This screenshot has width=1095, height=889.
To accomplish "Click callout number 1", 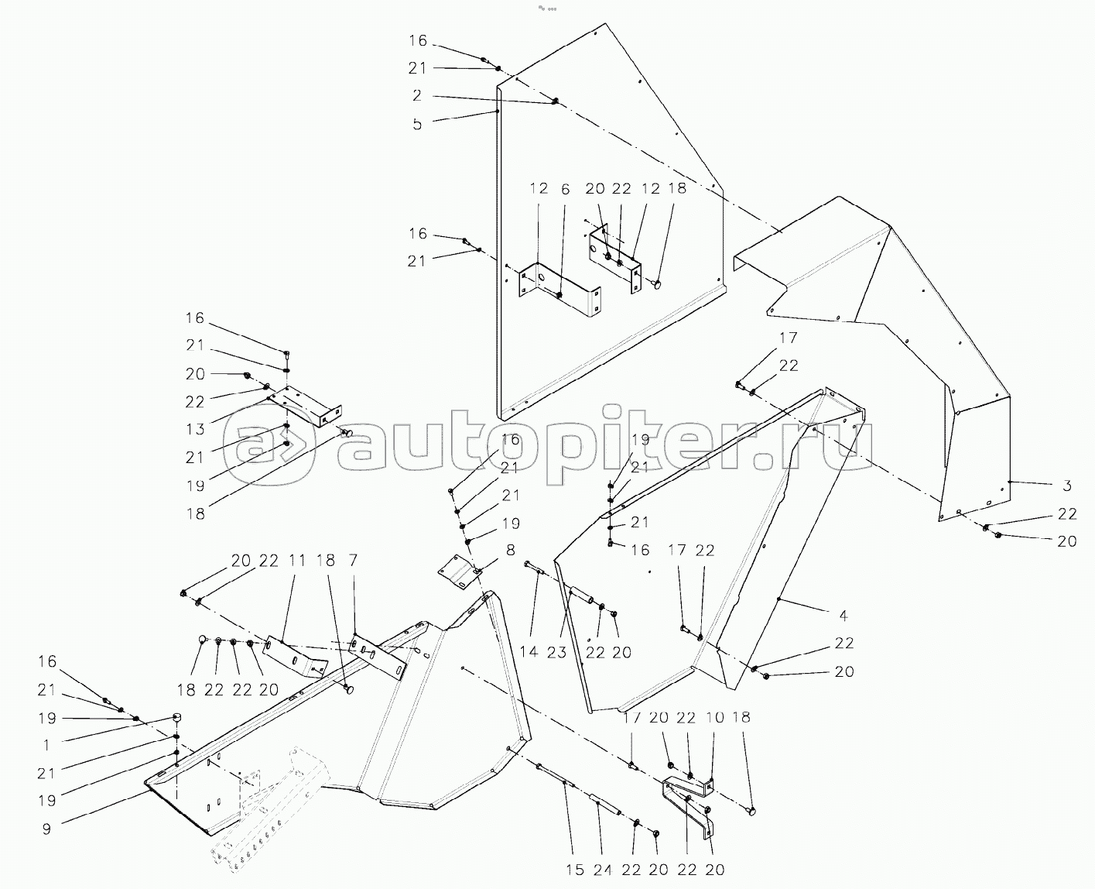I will (46, 745).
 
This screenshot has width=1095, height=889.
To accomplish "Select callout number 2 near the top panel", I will (417, 96).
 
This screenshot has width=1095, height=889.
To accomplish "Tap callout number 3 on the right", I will (1066, 486).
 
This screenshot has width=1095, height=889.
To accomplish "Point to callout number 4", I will (843, 616).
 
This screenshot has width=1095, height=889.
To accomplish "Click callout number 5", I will (417, 124).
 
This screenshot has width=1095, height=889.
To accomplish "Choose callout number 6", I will (565, 189).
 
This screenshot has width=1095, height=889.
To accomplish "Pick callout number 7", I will (353, 560).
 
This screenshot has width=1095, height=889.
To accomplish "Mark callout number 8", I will (510, 551).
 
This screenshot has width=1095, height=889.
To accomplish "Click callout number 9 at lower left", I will (46, 828).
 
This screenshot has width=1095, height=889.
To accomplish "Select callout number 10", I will (714, 718).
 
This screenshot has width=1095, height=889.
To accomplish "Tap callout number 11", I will (297, 560).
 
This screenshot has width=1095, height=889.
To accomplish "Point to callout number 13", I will (195, 429).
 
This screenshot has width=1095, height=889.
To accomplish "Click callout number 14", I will (529, 652).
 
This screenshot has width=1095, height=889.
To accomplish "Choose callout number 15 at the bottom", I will (574, 870).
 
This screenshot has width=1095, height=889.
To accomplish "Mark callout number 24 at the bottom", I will (603, 870).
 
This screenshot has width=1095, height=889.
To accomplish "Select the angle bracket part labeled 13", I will (306, 408).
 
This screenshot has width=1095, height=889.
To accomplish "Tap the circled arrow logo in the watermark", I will (274, 449).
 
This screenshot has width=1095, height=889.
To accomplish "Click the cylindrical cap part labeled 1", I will (176, 717).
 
